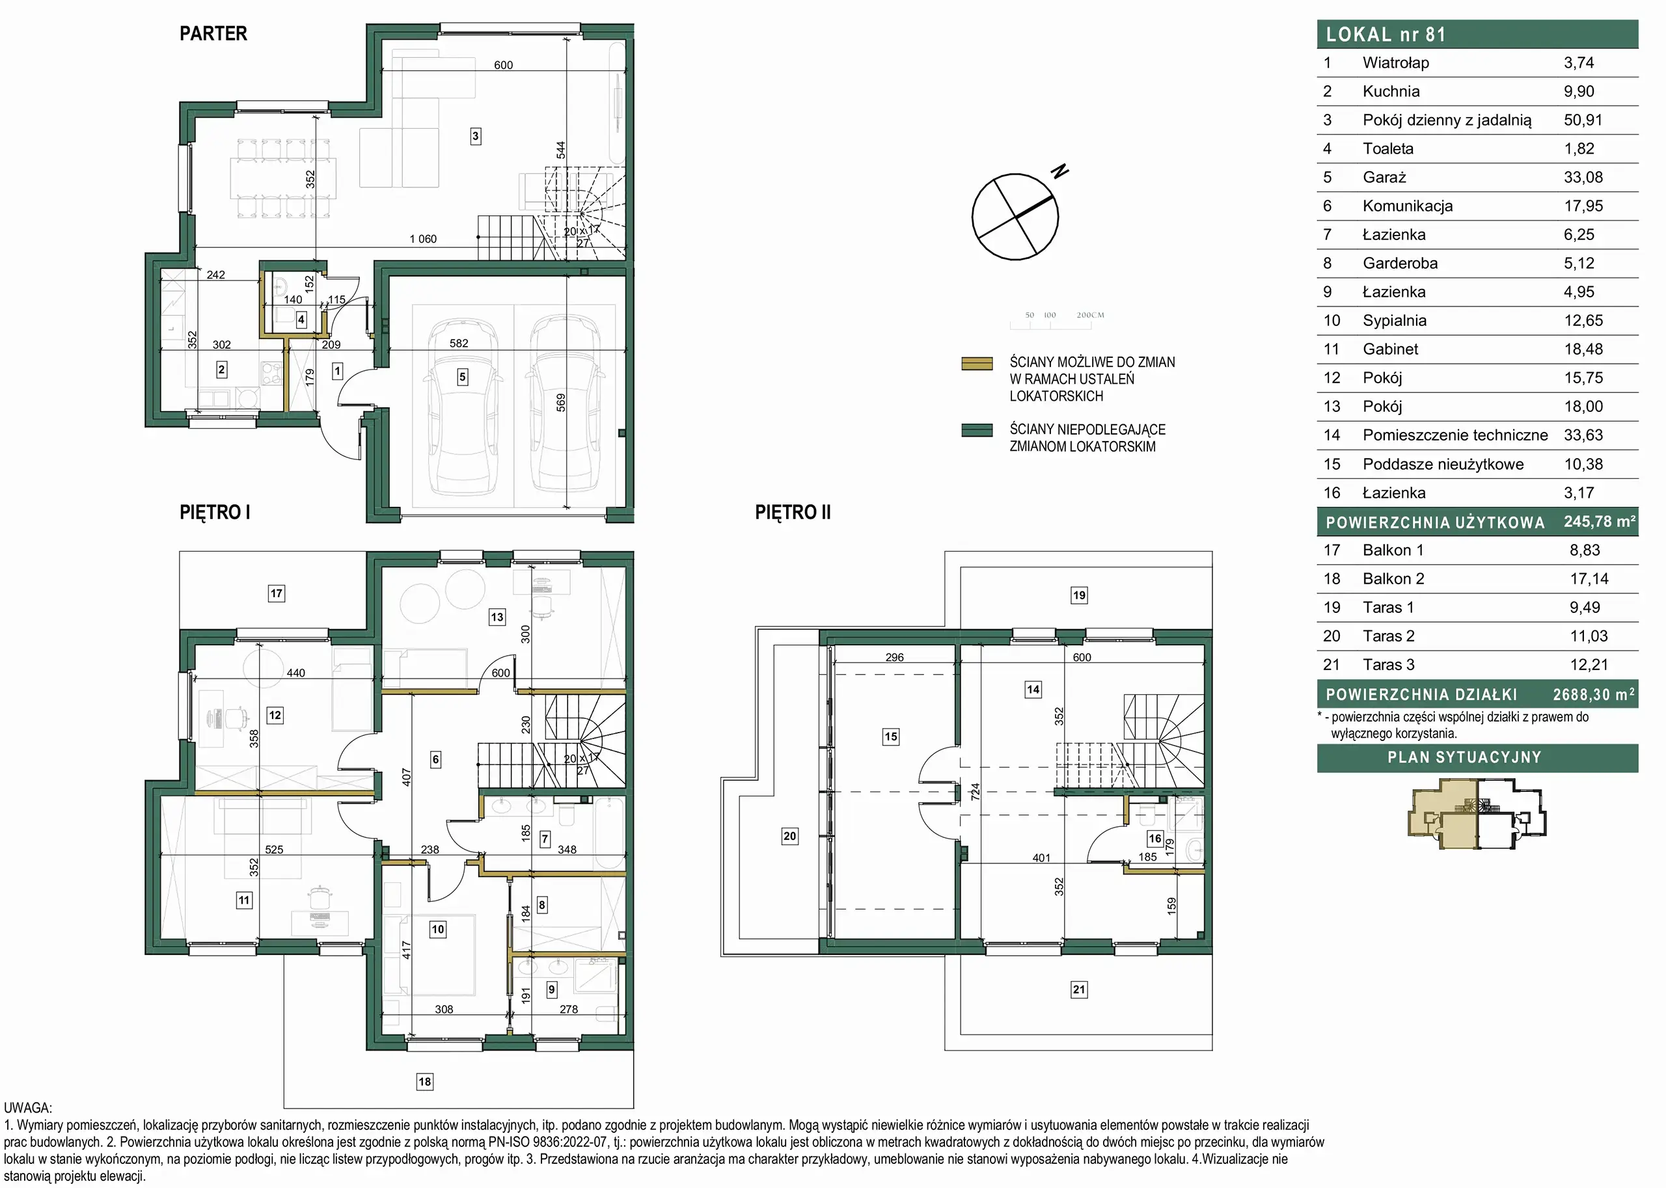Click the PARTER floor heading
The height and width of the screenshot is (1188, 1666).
click(x=213, y=34)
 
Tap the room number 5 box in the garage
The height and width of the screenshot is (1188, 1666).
click(x=463, y=377)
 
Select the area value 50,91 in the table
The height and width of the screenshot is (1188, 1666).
click(x=1583, y=120)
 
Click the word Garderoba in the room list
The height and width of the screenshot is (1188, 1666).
click(x=1400, y=263)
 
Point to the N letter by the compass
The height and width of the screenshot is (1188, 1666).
click(x=1059, y=171)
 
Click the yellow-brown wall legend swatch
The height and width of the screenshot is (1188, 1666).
click(x=977, y=364)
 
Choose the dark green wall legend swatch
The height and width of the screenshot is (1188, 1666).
click(x=977, y=430)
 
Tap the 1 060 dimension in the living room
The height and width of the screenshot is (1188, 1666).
click(x=423, y=239)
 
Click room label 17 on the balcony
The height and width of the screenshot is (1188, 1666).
click(x=276, y=593)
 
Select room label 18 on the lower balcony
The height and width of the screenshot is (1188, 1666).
click(x=424, y=1081)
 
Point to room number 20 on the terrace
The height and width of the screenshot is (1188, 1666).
click(x=789, y=835)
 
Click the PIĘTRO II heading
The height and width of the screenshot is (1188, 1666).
click(x=793, y=512)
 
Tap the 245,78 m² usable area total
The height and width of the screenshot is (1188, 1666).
click(x=1600, y=522)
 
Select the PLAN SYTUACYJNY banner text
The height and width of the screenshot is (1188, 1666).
click(x=1464, y=758)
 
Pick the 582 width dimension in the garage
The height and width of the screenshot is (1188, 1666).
click(x=459, y=343)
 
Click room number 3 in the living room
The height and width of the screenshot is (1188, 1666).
click(x=476, y=136)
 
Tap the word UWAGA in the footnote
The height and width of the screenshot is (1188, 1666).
click(x=28, y=1108)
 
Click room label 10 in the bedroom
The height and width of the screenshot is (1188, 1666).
click(x=437, y=930)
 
